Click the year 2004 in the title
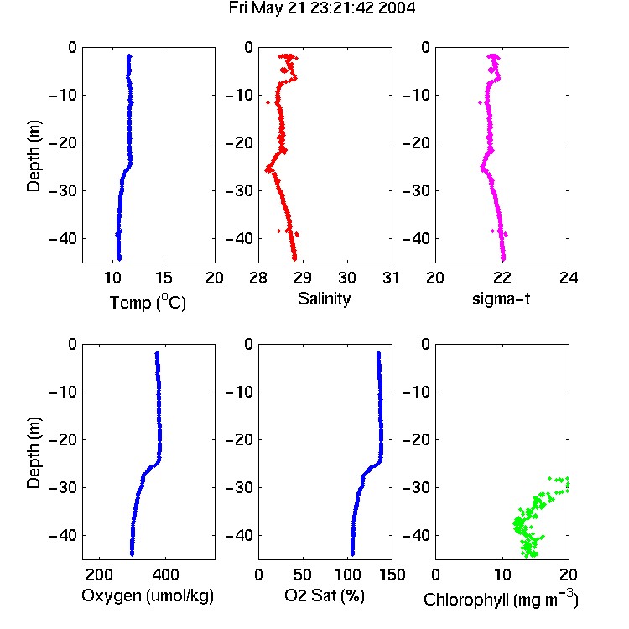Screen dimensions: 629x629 [x=397, y=8]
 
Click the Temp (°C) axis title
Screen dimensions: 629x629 [x=148, y=302]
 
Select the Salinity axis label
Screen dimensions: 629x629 [x=324, y=299]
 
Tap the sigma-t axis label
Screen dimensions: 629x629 [x=501, y=299]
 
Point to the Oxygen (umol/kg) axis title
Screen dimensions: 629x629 [x=148, y=596]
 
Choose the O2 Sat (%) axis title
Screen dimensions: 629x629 [x=325, y=595]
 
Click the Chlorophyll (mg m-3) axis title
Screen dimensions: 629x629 [x=501, y=599]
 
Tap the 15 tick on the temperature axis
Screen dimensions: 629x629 [x=164, y=278]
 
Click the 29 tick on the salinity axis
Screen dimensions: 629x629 [x=303, y=278]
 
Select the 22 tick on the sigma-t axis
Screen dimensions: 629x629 [x=502, y=278]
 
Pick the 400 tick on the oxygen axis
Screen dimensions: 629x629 [x=165, y=574]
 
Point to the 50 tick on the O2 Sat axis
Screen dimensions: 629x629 [x=302, y=574]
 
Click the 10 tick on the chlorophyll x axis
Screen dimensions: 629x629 [x=502, y=574]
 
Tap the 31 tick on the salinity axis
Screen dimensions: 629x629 [x=391, y=278]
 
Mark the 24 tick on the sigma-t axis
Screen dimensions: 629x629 [x=569, y=278]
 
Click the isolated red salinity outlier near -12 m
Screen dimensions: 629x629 [x=268, y=103]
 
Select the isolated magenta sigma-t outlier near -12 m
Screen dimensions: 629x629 [x=481, y=103]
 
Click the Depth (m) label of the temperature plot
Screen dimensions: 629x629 [x=34, y=156]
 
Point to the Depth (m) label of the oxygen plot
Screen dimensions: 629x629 [x=34, y=453]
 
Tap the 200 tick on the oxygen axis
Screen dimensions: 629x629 [x=99, y=574]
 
